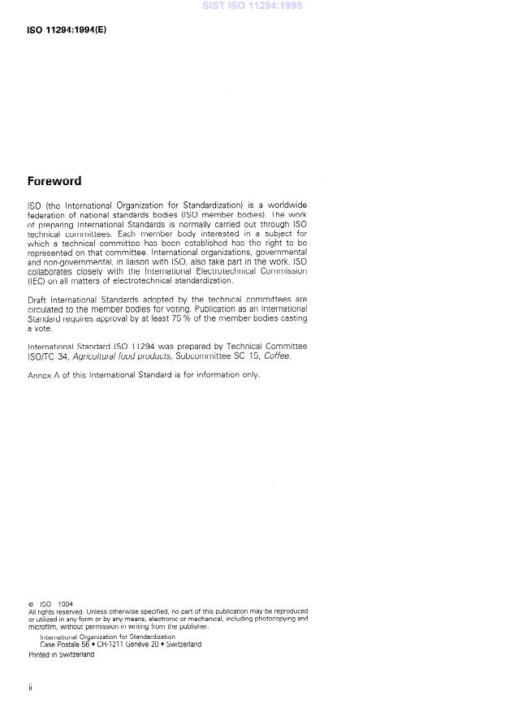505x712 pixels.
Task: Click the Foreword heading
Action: pyautogui.click(x=54, y=181)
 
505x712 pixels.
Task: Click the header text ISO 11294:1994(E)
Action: pyautogui.click(x=67, y=30)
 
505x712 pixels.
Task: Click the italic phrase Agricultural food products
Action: pyautogui.click(x=126, y=355)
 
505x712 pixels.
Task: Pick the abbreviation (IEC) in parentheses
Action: pyautogui.click(x=36, y=281)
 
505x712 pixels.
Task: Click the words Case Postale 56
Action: pyautogui.click(x=63, y=645)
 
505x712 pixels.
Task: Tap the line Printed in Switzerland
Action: pyautogui.click(x=61, y=654)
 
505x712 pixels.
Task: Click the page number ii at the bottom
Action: pyautogui.click(x=30, y=688)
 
